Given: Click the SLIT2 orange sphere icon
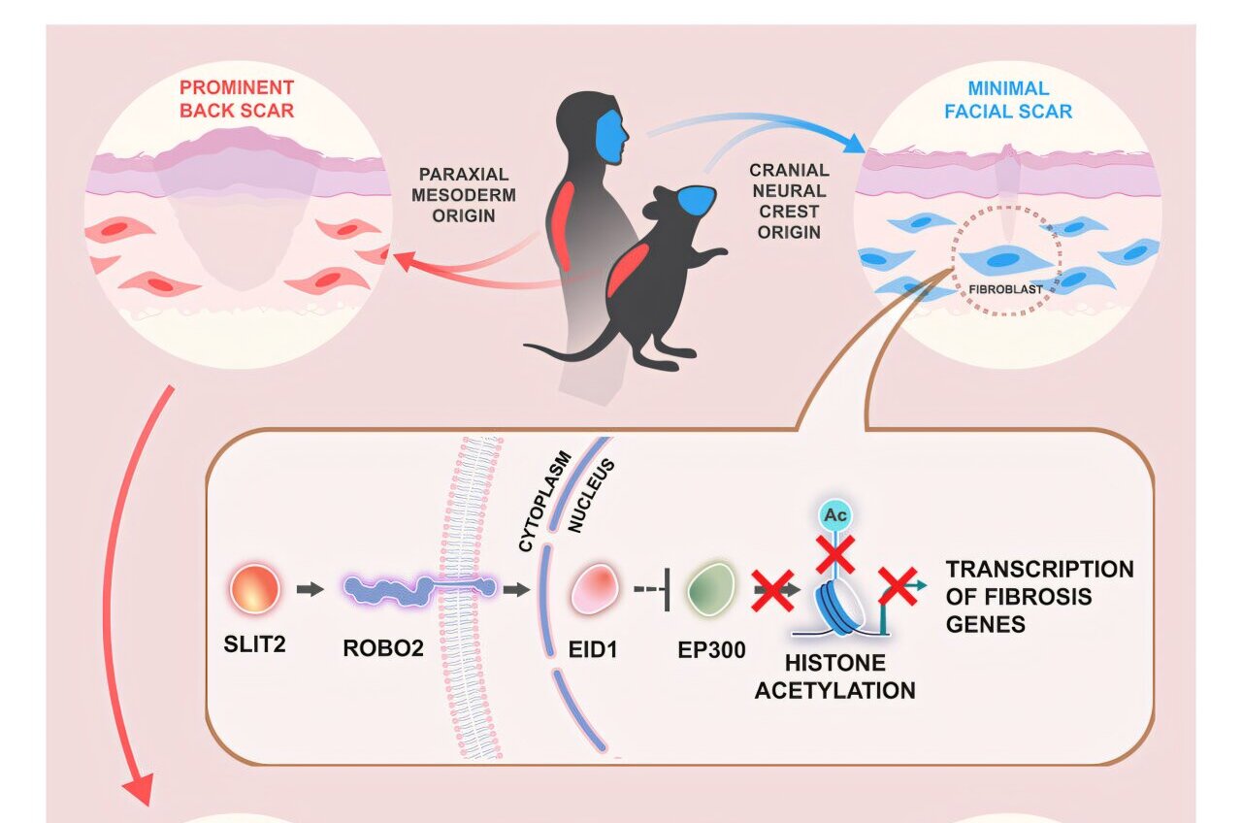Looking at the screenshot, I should tap(255, 589).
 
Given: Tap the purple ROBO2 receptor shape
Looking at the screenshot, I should tap(417, 589).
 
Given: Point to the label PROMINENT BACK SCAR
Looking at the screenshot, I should tap(237, 98).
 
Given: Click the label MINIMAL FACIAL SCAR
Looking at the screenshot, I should tap(1008, 98).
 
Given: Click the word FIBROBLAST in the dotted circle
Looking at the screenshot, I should tap(1005, 288).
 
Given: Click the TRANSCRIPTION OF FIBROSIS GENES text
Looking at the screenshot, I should tap(1038, 596).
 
